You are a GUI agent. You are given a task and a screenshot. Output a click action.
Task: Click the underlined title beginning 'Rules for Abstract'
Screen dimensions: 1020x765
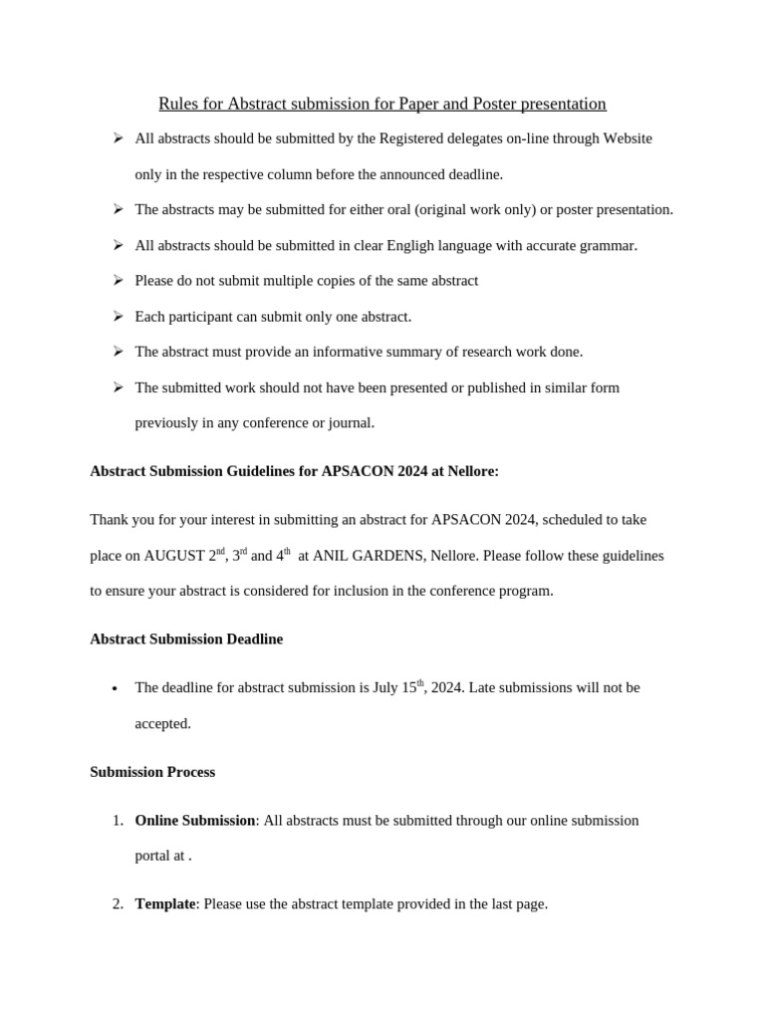[382, 104]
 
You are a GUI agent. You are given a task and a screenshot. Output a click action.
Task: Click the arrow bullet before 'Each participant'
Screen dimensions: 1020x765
[118, 316]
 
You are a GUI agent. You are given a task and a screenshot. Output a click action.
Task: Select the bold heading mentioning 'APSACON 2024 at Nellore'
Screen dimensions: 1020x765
[294, 471]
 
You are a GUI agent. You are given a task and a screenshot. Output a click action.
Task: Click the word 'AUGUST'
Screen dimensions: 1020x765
[174, 556]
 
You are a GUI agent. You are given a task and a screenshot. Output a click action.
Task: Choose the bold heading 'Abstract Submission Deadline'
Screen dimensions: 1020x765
[186, 639]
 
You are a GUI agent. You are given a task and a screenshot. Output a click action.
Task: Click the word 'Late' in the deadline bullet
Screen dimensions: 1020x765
[484, 687]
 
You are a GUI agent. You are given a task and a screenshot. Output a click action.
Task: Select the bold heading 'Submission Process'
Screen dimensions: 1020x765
[152, 772]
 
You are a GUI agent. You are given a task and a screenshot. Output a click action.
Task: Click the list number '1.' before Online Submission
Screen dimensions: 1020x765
[118, 821]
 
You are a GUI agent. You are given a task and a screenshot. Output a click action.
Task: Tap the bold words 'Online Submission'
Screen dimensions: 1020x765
[195, 821]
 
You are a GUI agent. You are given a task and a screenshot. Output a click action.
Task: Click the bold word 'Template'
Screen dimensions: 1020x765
[165, 904]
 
